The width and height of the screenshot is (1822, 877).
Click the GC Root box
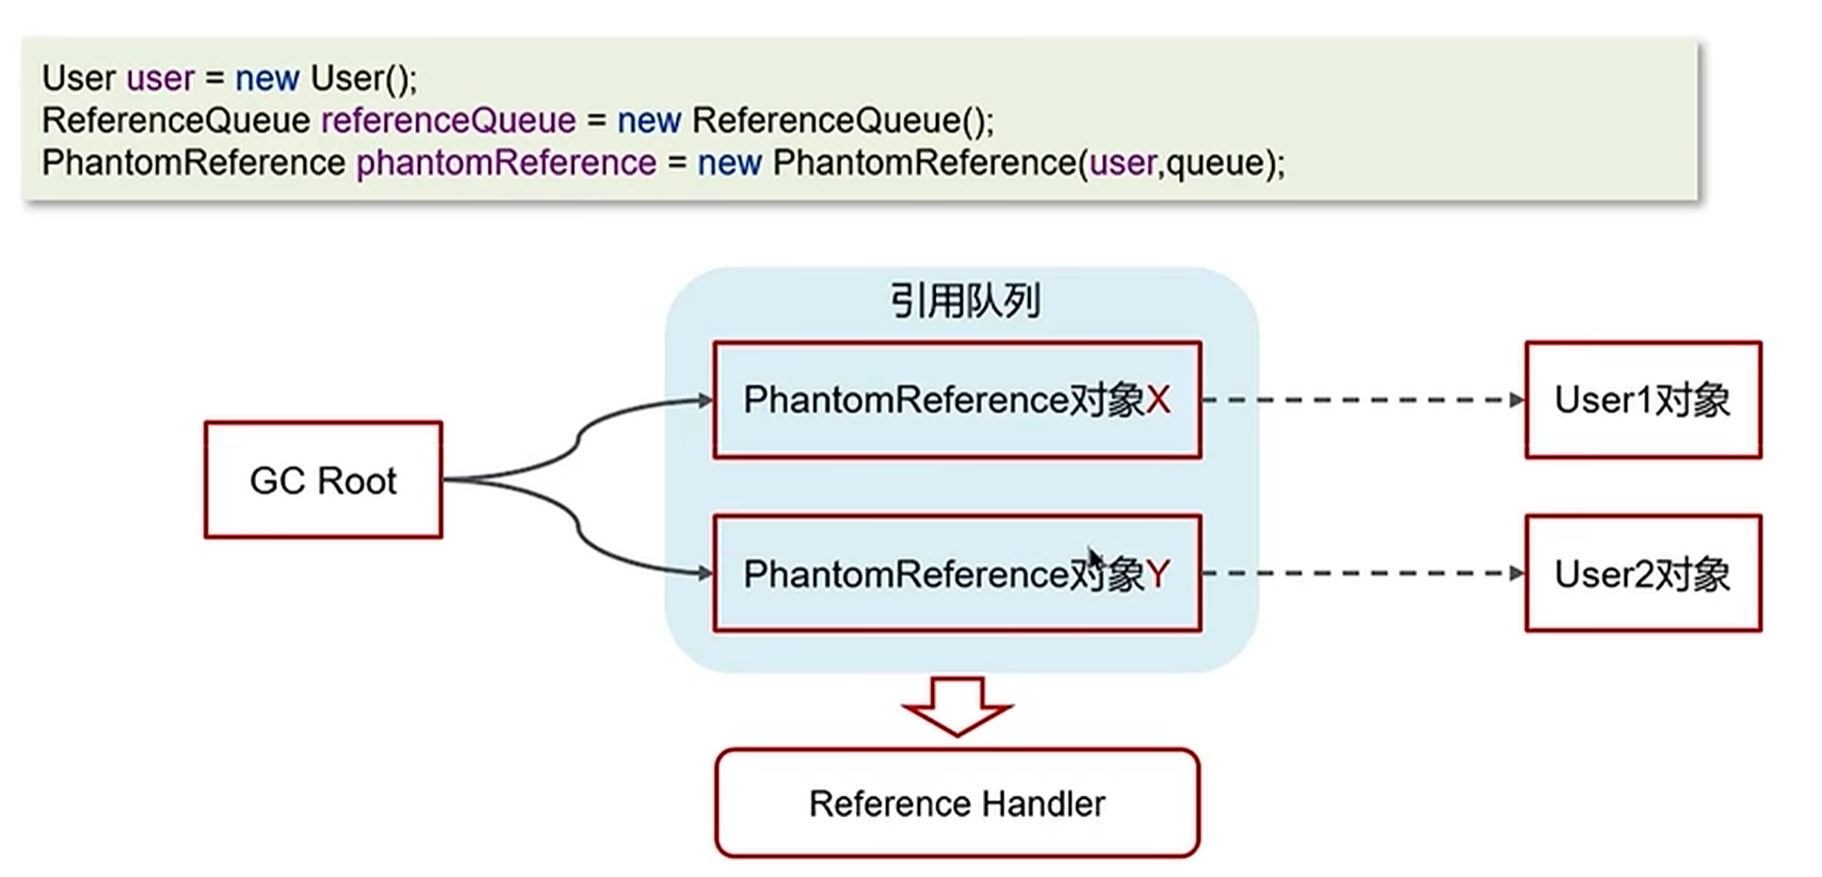[323, 480]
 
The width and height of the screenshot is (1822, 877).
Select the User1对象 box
[1642, 400]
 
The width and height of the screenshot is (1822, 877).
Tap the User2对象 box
[1642, 573]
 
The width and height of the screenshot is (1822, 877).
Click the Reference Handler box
[957, 804]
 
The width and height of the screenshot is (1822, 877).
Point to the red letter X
[1158, 401]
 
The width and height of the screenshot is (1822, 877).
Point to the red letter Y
[1158, 574]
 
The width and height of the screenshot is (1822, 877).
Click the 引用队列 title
[965, 301]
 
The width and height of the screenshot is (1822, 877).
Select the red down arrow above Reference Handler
[957, 706]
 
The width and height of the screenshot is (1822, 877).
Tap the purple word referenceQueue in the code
[448, 120]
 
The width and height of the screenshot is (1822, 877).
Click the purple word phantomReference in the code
[506, 163]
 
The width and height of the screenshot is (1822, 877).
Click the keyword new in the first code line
[266, 78]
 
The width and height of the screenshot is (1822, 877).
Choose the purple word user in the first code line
[160, 78]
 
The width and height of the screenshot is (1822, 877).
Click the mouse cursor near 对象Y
[1093, 557]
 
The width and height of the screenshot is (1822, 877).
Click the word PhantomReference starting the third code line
[193, 163]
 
